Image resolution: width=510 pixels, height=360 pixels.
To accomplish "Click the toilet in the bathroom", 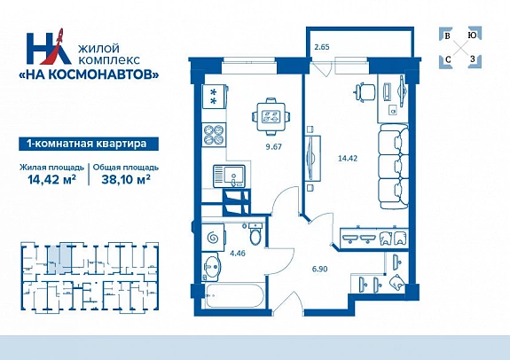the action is tap(255, 234).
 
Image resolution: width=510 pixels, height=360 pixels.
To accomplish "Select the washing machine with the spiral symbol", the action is tap(213, 238).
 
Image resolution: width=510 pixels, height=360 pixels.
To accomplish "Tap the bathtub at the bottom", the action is tap(234, 295).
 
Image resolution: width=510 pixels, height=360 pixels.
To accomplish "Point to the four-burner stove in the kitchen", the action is tap(214, 135).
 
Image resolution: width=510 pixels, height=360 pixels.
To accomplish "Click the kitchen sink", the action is tap(229, 176).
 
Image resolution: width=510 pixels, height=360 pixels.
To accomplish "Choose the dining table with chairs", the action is tap(271, 116).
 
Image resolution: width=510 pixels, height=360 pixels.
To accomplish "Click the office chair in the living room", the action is tap(365, 92).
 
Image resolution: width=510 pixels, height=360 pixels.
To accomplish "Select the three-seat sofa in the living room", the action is tap(394, 166).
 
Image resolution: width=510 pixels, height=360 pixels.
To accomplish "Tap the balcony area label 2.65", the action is tap(322, 47).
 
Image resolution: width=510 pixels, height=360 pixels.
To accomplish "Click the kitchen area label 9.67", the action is tap(273, 146).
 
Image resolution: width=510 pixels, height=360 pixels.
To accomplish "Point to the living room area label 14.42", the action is tap(348, 159).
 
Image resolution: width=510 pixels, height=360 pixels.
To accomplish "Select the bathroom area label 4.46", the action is tap(238, 253).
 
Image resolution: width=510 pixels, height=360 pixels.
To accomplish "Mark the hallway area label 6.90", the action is tap(319, 269).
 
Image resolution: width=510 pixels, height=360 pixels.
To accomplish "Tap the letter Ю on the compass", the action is tap(472, 35).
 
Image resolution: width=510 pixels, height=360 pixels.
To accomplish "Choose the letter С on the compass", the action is tap(448, 59).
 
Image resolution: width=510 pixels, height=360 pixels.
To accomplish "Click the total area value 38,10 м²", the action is tap(126, 179).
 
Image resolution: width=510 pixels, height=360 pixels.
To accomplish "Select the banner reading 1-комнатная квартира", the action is tap(89, 144).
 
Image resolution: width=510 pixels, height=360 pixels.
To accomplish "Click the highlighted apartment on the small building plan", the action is tap(59, 259).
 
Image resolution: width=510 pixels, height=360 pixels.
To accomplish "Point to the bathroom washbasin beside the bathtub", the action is tap(212, 266).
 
